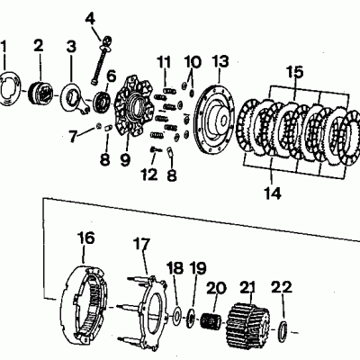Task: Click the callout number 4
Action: [x=90, y=19]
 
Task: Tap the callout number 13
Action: [x=220, y=61]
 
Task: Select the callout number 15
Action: [x=294, y=72]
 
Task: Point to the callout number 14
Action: [x=273, y=193]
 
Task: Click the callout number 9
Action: [x=125, y=159]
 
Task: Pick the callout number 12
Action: [x=149, y=175]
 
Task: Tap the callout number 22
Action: [x=281, y=287]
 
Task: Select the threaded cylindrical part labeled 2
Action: [x=40, y=93]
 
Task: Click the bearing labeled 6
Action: [x=103, y=102]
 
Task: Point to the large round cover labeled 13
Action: [x=213, y=120]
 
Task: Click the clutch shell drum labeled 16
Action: [x=85, y=303]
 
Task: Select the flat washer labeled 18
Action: [x=176, y=315]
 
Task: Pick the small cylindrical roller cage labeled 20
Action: [x=211, y=320]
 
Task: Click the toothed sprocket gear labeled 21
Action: [x=248, y=322]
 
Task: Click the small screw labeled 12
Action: [x=156, y=148]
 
